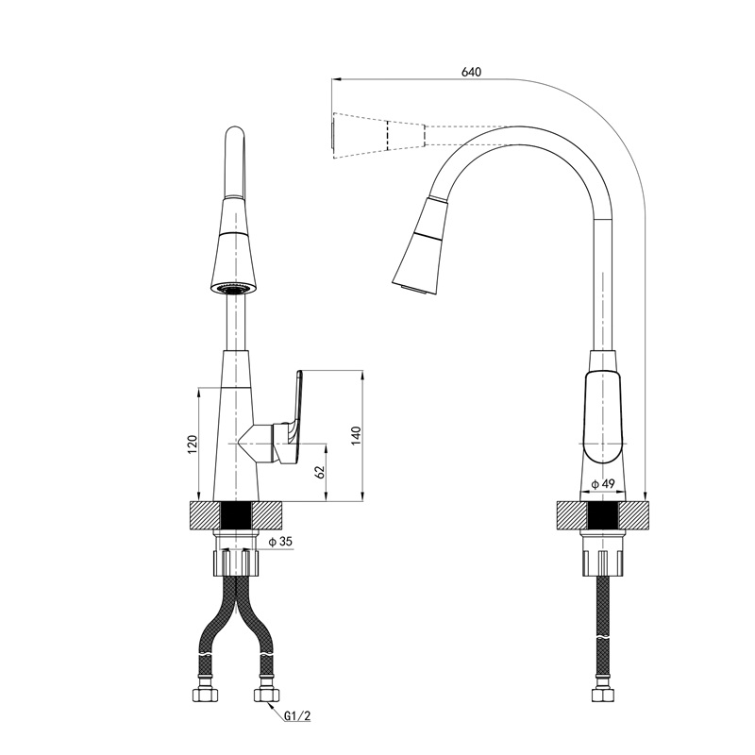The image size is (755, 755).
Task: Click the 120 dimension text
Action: click(193, 444)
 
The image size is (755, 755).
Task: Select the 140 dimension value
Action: click(355, 436)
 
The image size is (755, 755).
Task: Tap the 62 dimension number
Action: click(319, 470)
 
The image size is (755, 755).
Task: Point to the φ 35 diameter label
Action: click(280, 542)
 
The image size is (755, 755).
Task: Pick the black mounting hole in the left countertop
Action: click(235, 516)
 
